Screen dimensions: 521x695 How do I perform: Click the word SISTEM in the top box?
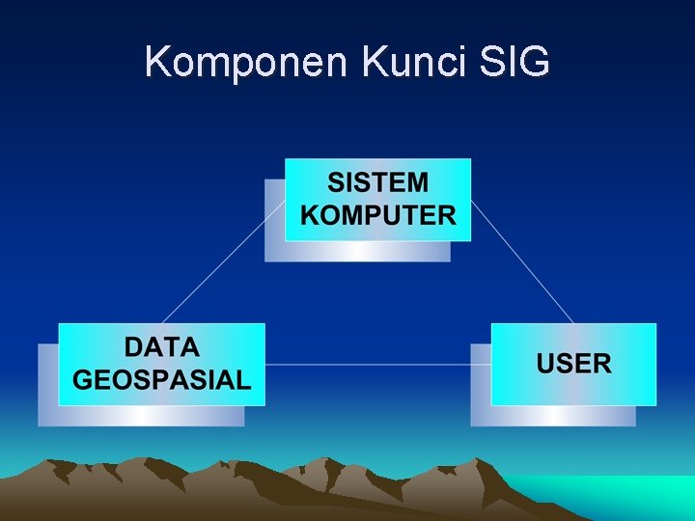coord(377,182)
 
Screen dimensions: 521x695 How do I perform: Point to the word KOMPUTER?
coord(377,215)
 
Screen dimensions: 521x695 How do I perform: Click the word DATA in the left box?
coord(161,347)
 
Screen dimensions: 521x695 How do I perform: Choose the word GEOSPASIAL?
coord(161,380)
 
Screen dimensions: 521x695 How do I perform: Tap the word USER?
coord(573,364)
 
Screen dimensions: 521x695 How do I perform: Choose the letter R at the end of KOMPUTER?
coord(445,215)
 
